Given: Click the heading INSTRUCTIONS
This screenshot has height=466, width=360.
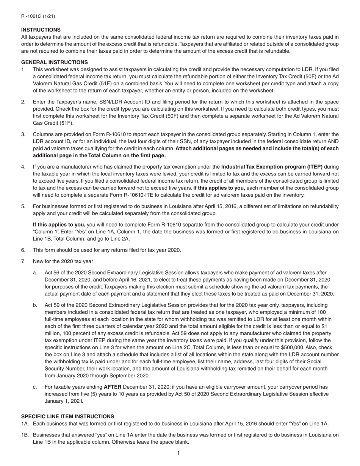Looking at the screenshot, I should pos(41,30).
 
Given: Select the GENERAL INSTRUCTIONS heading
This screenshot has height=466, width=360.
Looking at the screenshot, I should pos(54,62).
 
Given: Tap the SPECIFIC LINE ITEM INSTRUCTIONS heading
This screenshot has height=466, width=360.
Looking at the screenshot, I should pos(67,416).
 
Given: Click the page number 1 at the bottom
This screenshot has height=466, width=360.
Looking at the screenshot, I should pos(178,453).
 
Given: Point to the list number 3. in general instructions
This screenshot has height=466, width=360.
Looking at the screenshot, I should pos(23,134).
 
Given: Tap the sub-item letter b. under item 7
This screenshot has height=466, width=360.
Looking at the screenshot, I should pos(35,305).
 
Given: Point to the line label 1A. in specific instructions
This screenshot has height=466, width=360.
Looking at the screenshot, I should pos(25,424).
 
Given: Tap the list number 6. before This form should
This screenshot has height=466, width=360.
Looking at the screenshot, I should pos(23,250).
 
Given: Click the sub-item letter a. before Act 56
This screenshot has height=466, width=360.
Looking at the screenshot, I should pos(35,272).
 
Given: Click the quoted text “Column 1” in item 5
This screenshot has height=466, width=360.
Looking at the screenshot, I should pos(44,231).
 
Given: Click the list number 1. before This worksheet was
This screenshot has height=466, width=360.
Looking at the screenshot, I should pos(23,69).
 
